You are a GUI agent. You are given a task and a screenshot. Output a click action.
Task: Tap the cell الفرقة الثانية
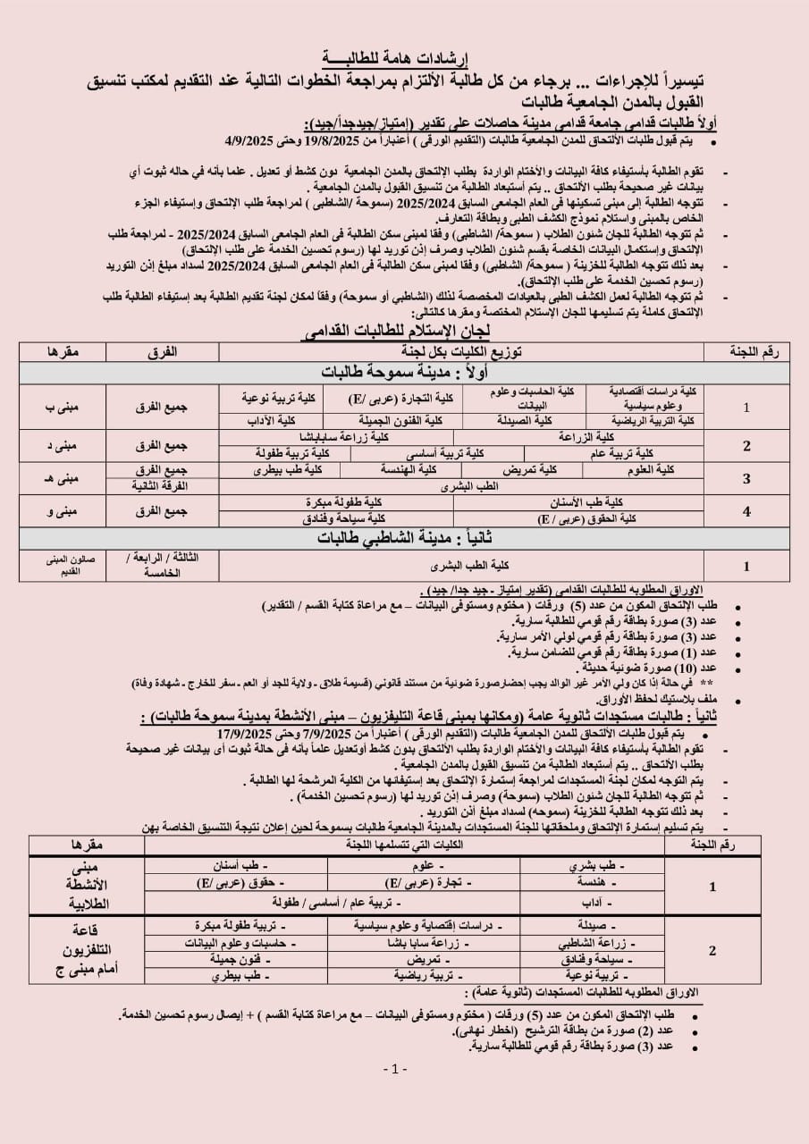pos(168,484)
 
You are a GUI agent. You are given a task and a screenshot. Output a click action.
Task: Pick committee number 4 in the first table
pos(746,510)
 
